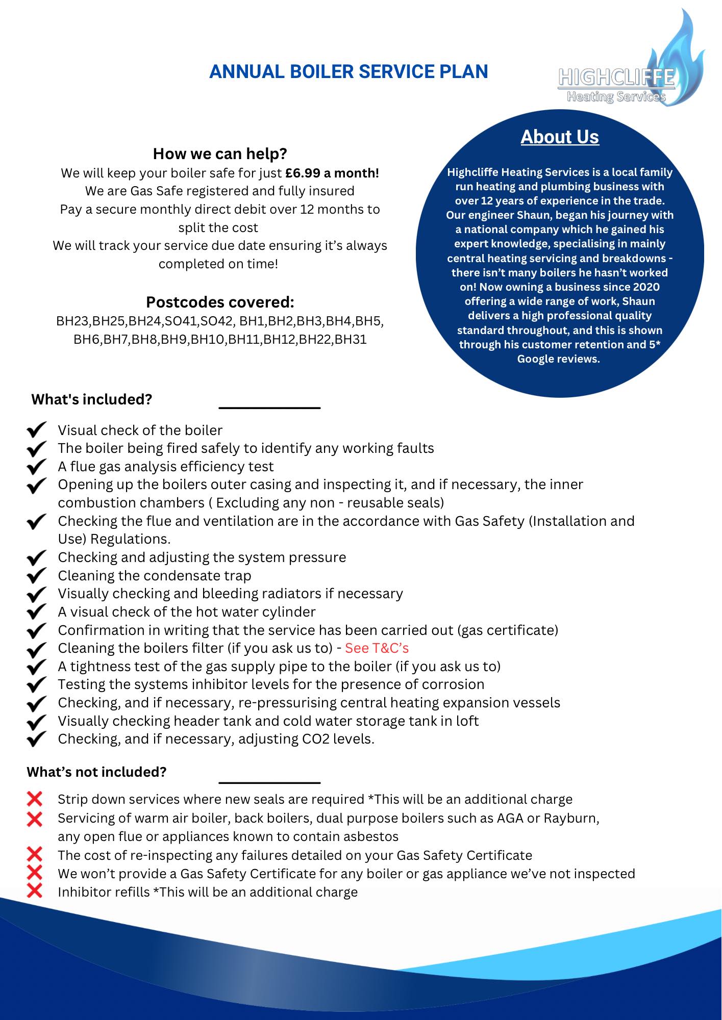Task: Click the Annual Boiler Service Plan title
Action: pyautogui.click(x=348, y=72)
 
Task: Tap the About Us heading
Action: pyautogui.click(x=560, y=137)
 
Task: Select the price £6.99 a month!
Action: pyautogui.click(x=332, y=173)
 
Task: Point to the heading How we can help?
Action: pyautogui.click(x=220, y=154)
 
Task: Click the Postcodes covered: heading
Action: pyautogui.click(x=220, y=302)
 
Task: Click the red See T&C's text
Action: pyautogui.click(x=377, y=648)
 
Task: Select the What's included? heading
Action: pyautogui.click(x=92, y=399)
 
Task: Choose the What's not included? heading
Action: pyautogui.click(x=96, y=772)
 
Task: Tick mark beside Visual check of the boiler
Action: pyautogui.click(x=37, y=430)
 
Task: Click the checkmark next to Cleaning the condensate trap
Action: pyautogui.click(x=37, y=576)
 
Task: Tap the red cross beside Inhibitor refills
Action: pyautogui.click(x=35, y=891)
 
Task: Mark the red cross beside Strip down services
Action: pyautogui.click(x=35, y=798)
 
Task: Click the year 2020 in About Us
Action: pyautogui.click(x=646, y=287)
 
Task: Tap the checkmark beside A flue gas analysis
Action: pyautogui.click(x=37, y=467)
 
